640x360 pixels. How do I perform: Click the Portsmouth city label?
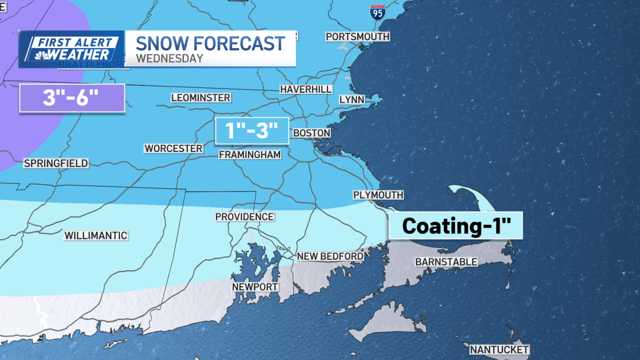pos(357,37)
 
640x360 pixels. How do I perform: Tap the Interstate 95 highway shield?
pos(377,12)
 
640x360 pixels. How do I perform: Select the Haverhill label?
pos(306,89)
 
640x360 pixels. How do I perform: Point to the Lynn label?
pos(351,100)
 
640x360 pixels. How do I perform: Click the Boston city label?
pos(311,132)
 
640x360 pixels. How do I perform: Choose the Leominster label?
pos(201,98)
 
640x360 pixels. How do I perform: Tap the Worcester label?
pos(174,148)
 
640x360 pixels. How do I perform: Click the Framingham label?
pos(250,154)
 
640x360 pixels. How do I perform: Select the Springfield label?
pos(56,163)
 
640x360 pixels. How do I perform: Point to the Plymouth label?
pos(378,195)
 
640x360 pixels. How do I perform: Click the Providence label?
pos(244,217)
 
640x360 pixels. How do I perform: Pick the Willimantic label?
pos(96,235)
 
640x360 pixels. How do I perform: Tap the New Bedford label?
pos(330,256)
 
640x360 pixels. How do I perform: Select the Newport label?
pos(255,287)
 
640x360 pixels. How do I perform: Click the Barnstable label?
pos(446,261)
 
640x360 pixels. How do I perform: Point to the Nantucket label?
pos(499,350)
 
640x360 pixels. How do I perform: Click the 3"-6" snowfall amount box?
pos(72,98)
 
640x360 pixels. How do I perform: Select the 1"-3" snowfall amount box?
pos(252,131)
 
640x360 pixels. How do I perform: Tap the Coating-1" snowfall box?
pos(455,225)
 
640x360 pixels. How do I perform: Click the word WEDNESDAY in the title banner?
pos(170,58)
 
